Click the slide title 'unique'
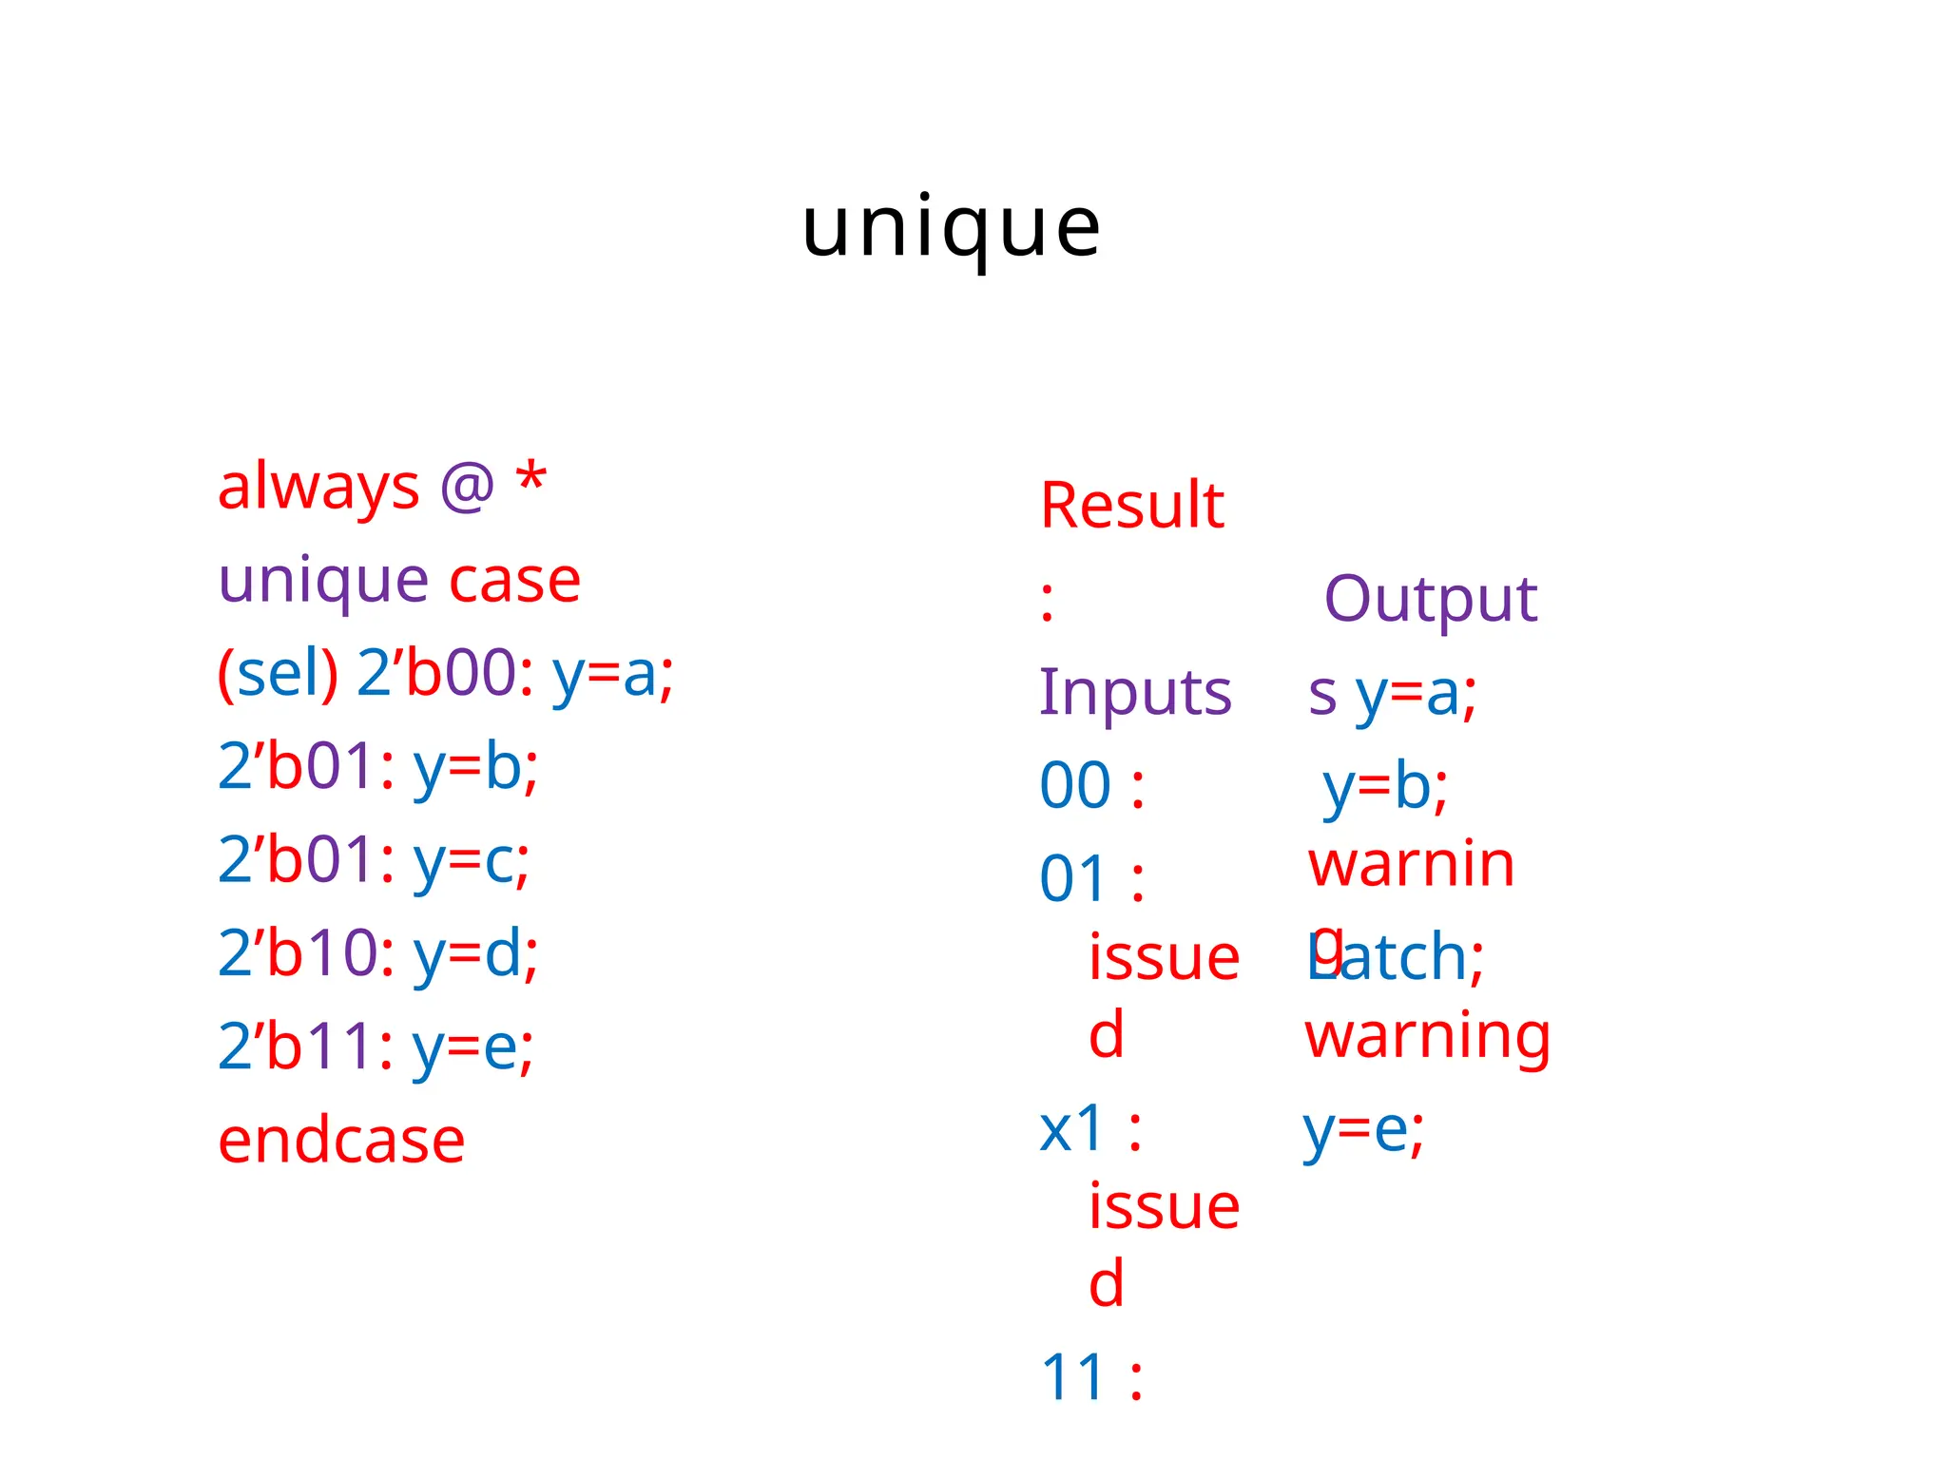[x=951, y=228]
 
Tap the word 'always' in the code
[x=318, y=488]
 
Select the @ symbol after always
[x=467, y=486]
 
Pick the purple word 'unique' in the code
[x=323, y=582]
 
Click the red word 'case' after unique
[x=514, y=582]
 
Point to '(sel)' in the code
[x=278, y=674]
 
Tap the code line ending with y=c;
[x=374, y=860]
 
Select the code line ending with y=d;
[x=377, y=953]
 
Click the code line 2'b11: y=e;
[x=376, y=1047]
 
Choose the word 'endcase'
[x=341, y=1140]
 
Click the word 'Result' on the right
[x=1131, y=506]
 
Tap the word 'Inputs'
[x=1135, y=693]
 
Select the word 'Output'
[x=1430, y=600]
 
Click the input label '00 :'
[x=1092, y=787]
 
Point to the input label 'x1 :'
[x=1090, y=1130]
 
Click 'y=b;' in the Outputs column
[x=1385, y=787]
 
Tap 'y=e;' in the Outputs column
[x=1363, y=1131]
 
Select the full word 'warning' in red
[x=1427, y=1037]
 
